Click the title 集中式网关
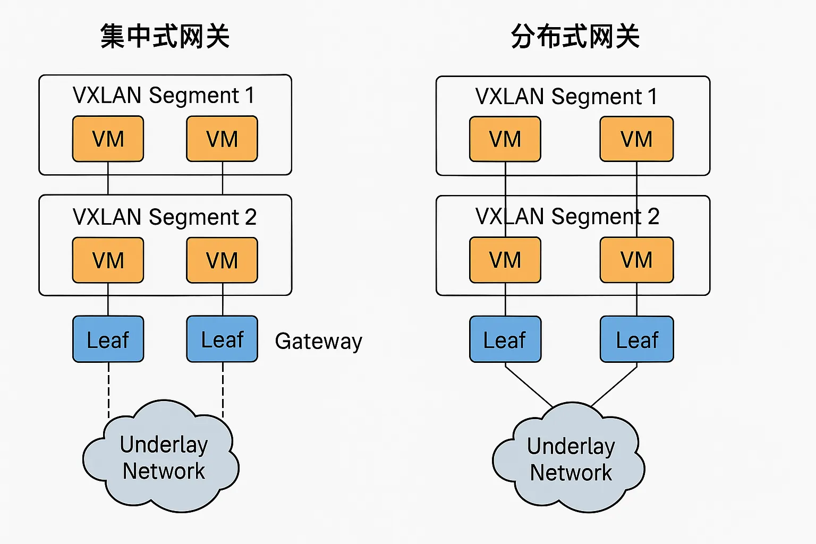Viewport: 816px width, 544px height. tap(165, 37)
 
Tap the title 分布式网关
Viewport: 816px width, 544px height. tap(575, 37)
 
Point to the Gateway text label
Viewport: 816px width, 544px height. tap(318, 341)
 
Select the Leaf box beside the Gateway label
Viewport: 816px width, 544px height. tap(222, 339)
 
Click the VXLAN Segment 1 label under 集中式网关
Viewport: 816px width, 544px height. tap(164, 96)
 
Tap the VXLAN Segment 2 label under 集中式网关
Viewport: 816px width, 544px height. tap(165, 217)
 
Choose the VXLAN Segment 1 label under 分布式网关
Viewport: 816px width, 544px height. tap(566, 97)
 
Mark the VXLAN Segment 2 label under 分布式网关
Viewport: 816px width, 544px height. tap(567, 217)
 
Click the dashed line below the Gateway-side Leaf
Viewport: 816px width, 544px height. tap(223, 388)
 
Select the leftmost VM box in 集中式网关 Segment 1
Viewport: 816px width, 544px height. tap(108, 139)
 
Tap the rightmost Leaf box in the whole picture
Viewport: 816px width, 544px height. tap(636, 339)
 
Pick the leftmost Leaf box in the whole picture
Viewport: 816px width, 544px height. tap(108, 339)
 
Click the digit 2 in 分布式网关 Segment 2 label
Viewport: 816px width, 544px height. tap(653, 217)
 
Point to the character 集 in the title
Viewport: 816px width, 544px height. tap(112, 37)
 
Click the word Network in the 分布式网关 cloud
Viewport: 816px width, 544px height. tap(571, 472)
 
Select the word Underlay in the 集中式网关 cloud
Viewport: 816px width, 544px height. tap(164, 445)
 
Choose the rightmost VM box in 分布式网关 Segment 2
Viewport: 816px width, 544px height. tap(636, 260)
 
